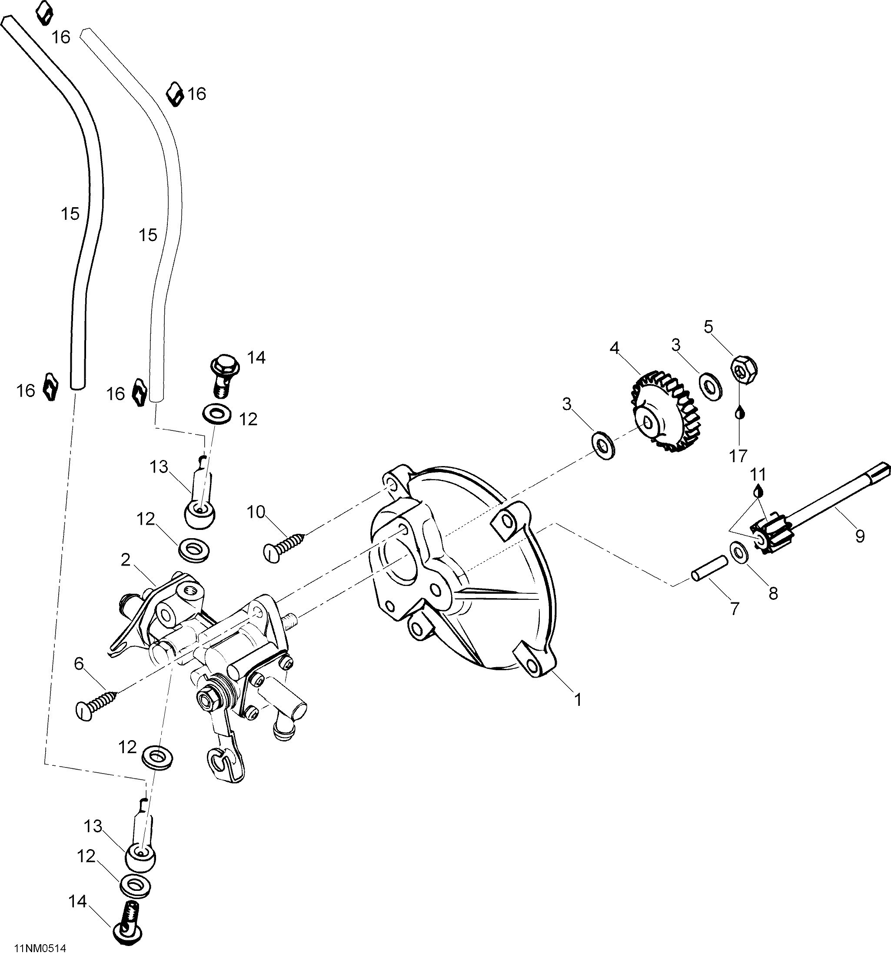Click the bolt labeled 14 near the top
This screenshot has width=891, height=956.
pyautogui.click(x=222, y=375)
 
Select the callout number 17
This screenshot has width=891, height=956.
pyautogui.click(x=738, y=455)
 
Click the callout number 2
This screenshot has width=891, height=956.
pyautogui.click(x=126, y=560)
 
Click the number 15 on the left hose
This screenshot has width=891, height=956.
pyautogui.click(x=70, y=214)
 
